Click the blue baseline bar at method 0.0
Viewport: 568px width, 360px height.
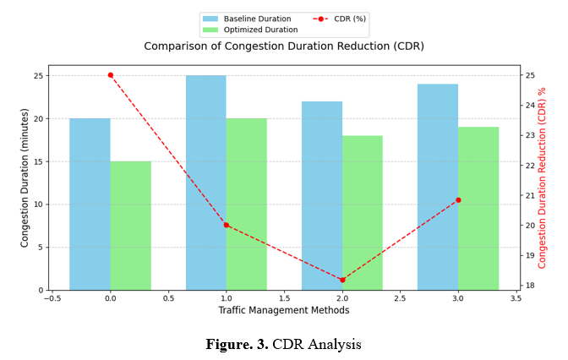tap(90, 204)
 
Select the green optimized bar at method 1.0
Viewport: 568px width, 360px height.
tap(246, 204)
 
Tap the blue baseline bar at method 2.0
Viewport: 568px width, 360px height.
tap(322, 195)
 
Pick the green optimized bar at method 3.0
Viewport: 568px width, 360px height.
tap(478, 208)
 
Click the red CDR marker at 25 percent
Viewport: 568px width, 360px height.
tap(110, 75)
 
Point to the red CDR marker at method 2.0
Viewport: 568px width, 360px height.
tap(342, 280)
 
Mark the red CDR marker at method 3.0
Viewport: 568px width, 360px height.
tap(458, 200)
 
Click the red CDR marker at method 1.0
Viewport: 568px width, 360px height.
tap(226, 225)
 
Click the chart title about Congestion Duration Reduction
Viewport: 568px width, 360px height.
tap(284, 46)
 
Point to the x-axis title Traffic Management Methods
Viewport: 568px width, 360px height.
tap(284, 310)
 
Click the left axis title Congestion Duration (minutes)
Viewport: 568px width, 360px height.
tap(25, 177)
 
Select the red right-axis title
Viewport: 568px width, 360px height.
tap(543, 177)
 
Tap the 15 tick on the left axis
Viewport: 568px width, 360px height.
tap(39, 161)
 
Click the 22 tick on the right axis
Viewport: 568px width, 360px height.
tap(530, 166)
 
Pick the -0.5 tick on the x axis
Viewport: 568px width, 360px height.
tap(52, 297)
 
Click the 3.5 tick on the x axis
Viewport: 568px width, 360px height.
tap(516, 297)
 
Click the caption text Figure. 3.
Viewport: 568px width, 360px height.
tap(237, 345)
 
